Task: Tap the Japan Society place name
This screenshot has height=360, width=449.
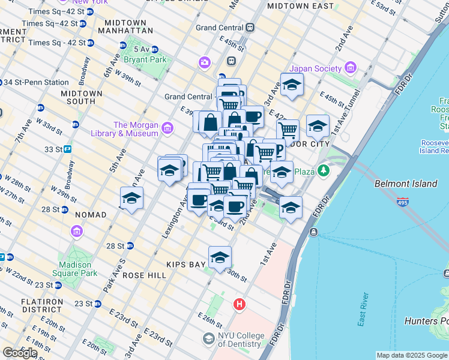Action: click(318, 68)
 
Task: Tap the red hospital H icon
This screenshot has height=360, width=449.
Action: click(240, 305)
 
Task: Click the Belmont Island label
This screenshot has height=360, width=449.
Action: click(406, 184)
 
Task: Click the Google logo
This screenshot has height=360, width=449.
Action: click(20, 353)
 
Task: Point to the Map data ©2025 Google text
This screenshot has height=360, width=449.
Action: click(412, 355)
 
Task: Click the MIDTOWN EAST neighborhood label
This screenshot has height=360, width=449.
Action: click(300, 5)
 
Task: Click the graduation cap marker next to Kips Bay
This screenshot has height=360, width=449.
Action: click(220, 257)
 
